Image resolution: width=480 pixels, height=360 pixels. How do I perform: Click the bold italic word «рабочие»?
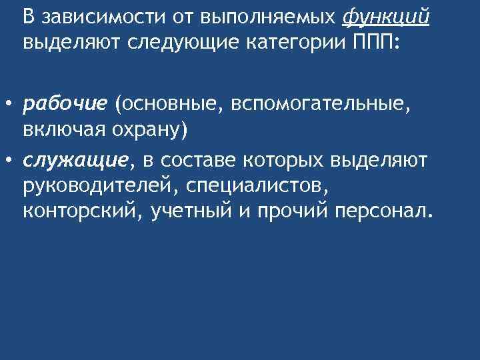click(x=65, y=103)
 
